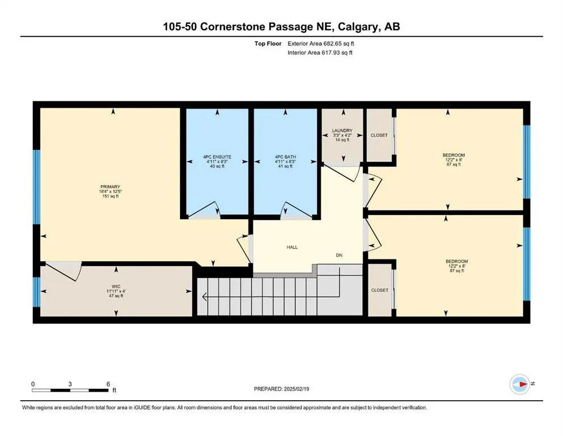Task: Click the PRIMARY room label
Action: coord(111,187)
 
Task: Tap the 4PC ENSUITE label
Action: coord(217,156)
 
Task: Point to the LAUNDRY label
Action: coord(342,131)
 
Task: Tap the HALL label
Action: coord(291,247)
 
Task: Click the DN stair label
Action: coord(339,255)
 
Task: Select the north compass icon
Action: coord(520,384)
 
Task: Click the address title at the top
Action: coord(281,26)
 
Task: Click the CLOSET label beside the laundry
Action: coord(379,136)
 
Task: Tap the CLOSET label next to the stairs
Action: coord(379,290)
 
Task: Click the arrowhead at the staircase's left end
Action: coord(204,296)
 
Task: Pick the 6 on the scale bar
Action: coord(108,384)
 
